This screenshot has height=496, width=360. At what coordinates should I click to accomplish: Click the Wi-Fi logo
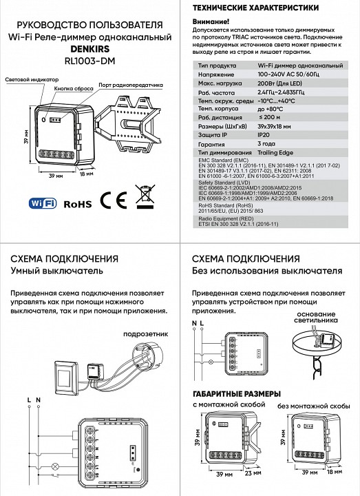click(43, 203)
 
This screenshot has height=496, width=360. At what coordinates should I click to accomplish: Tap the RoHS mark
click(77, 204)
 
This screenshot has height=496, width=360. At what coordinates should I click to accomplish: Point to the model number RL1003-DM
click(89, 61)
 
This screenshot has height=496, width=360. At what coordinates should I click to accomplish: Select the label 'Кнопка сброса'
click(74, 89)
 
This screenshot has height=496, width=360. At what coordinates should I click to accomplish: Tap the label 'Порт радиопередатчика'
click(130, 85)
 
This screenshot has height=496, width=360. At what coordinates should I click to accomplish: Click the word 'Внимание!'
click(213, 22)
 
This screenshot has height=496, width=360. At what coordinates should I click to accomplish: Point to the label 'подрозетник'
click(142, 334)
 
